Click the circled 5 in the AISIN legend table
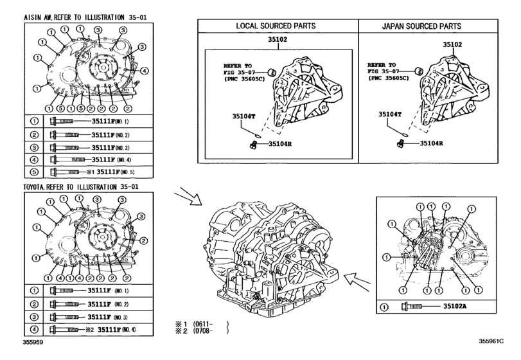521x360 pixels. pyautogui.click(x=35, y=173)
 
